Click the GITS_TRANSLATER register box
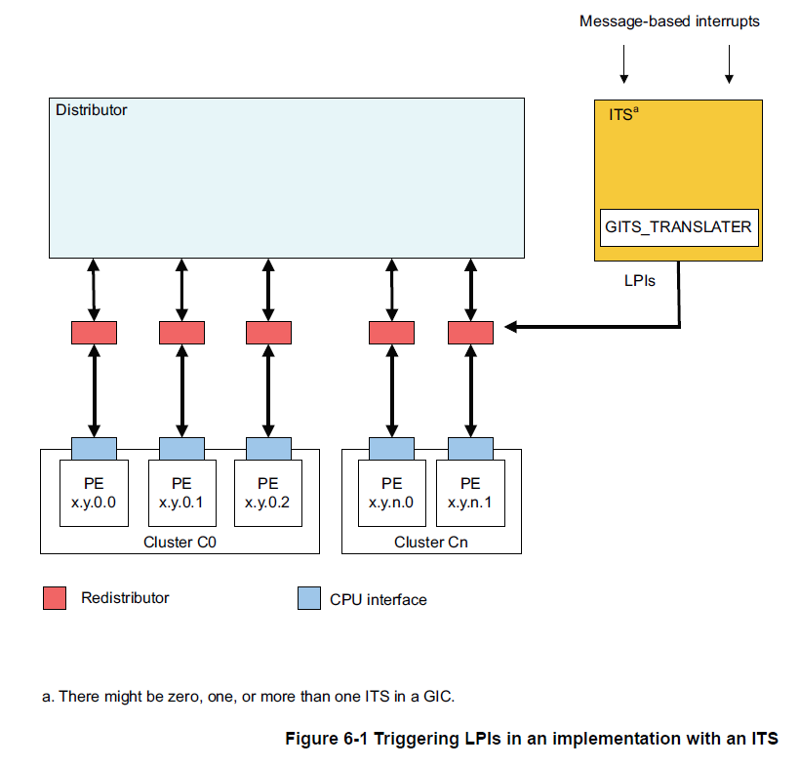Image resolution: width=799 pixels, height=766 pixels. tap(678, 226)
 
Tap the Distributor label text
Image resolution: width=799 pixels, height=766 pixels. tap(91, 110)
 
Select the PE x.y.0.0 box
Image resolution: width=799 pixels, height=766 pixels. tap(94, 493)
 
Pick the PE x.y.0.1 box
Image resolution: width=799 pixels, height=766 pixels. tap(181, 493)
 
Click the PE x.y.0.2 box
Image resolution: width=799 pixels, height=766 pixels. tap(268, 493)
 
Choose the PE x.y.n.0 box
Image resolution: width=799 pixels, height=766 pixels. tap(391, 493)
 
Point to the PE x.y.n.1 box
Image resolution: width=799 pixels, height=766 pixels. tap(470, 493)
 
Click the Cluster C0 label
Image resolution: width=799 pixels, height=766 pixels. tap(180, 542)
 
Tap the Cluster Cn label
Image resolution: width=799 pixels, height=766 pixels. tap(430, 542)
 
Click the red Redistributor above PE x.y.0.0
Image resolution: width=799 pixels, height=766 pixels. tap(94, 333)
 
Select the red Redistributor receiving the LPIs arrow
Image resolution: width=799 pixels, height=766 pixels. tap(470, 333)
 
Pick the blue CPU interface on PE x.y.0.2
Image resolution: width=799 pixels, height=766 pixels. tap(268, 448)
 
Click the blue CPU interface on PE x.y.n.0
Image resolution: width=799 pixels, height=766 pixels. tap(391, 448)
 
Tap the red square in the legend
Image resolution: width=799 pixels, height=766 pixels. tap(55, 598)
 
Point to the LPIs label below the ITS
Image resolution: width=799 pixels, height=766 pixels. tap(639, 280)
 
